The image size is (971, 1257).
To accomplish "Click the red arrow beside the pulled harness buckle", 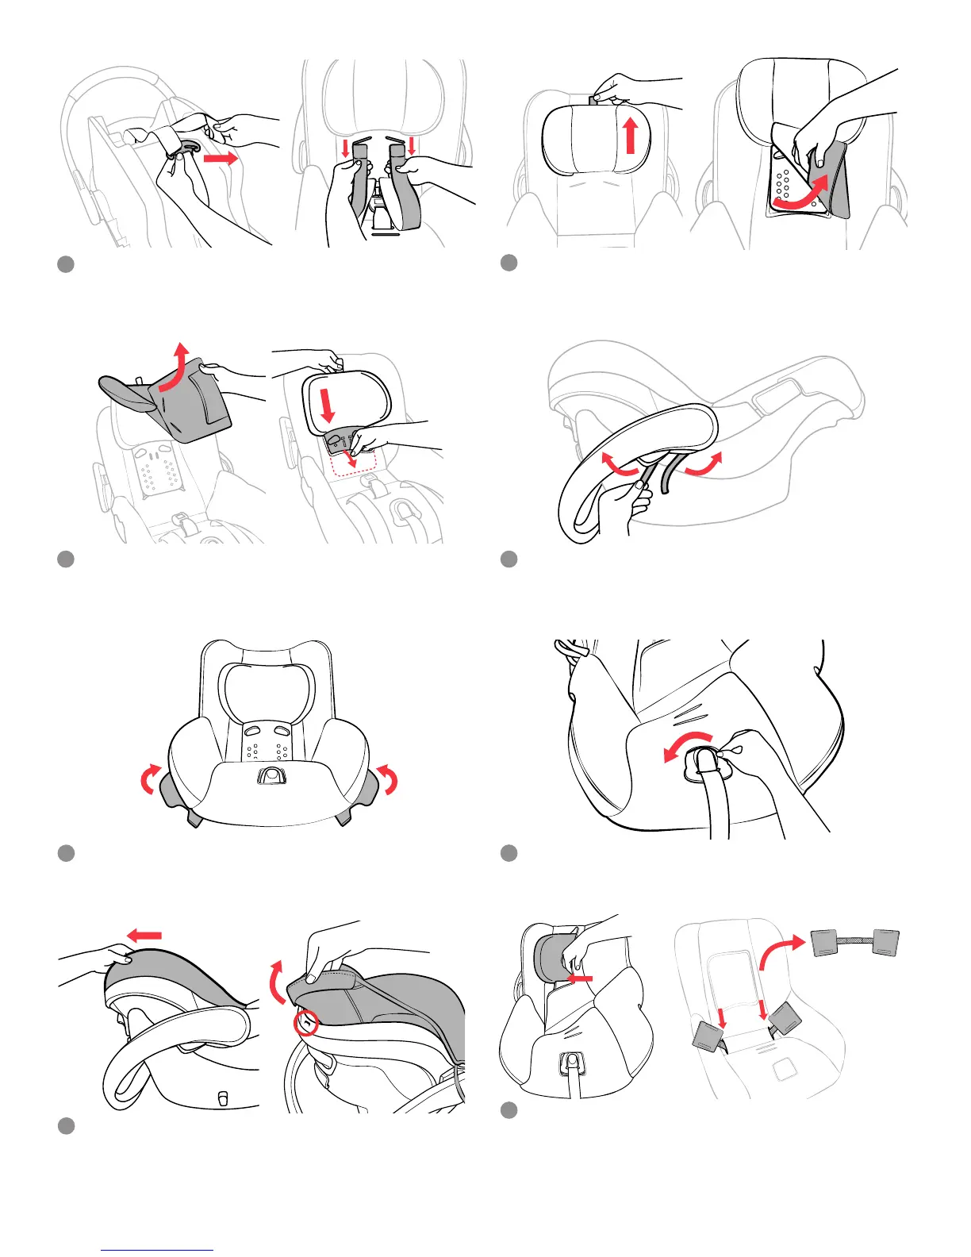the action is [221, 158].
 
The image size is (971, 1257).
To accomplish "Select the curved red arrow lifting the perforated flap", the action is [803, 195].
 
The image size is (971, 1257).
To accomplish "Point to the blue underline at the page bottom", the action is [158, 1251].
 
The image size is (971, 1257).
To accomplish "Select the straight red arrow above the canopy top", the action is [145, 936].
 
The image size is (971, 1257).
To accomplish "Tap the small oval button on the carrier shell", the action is [223, 1097].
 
